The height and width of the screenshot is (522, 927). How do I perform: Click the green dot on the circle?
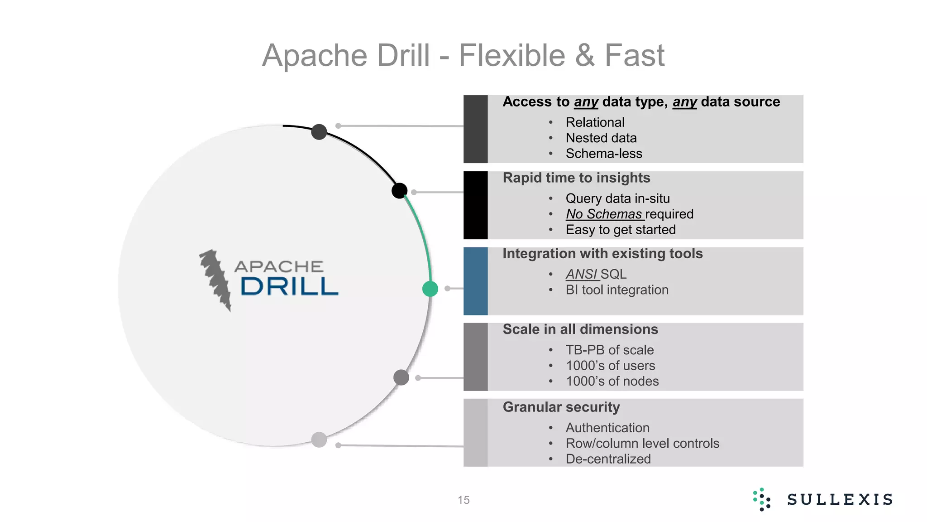coord(430,289)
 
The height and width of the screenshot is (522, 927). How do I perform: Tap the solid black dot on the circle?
coord(399,190)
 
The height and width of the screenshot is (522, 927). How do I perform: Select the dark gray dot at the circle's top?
coord(319,132)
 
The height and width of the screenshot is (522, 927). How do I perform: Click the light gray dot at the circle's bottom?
coord(319,440)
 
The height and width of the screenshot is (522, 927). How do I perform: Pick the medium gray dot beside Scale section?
coord(401,377)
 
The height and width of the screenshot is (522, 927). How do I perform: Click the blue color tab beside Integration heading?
coord(475,281)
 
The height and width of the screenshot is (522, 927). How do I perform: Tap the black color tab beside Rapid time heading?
coord(475,205)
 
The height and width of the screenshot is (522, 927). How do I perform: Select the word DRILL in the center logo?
coord(289,287)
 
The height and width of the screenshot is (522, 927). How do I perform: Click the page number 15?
coord(463,500)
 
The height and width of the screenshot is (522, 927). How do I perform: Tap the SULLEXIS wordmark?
coord(840,499)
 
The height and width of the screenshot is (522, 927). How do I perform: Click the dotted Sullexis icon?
coord(762,499)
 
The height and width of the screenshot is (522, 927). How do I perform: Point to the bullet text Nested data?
coord(601,138)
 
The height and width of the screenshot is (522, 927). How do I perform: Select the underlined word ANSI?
coord(582,274)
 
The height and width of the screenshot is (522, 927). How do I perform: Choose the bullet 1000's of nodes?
coord(612,381)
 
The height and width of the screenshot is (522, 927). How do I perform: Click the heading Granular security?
coord(561,407)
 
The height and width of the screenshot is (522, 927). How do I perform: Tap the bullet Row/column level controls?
coord(642,443)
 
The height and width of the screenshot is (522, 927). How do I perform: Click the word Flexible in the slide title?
coord(512,55)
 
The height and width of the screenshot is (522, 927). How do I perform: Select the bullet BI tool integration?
coord(617,290)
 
